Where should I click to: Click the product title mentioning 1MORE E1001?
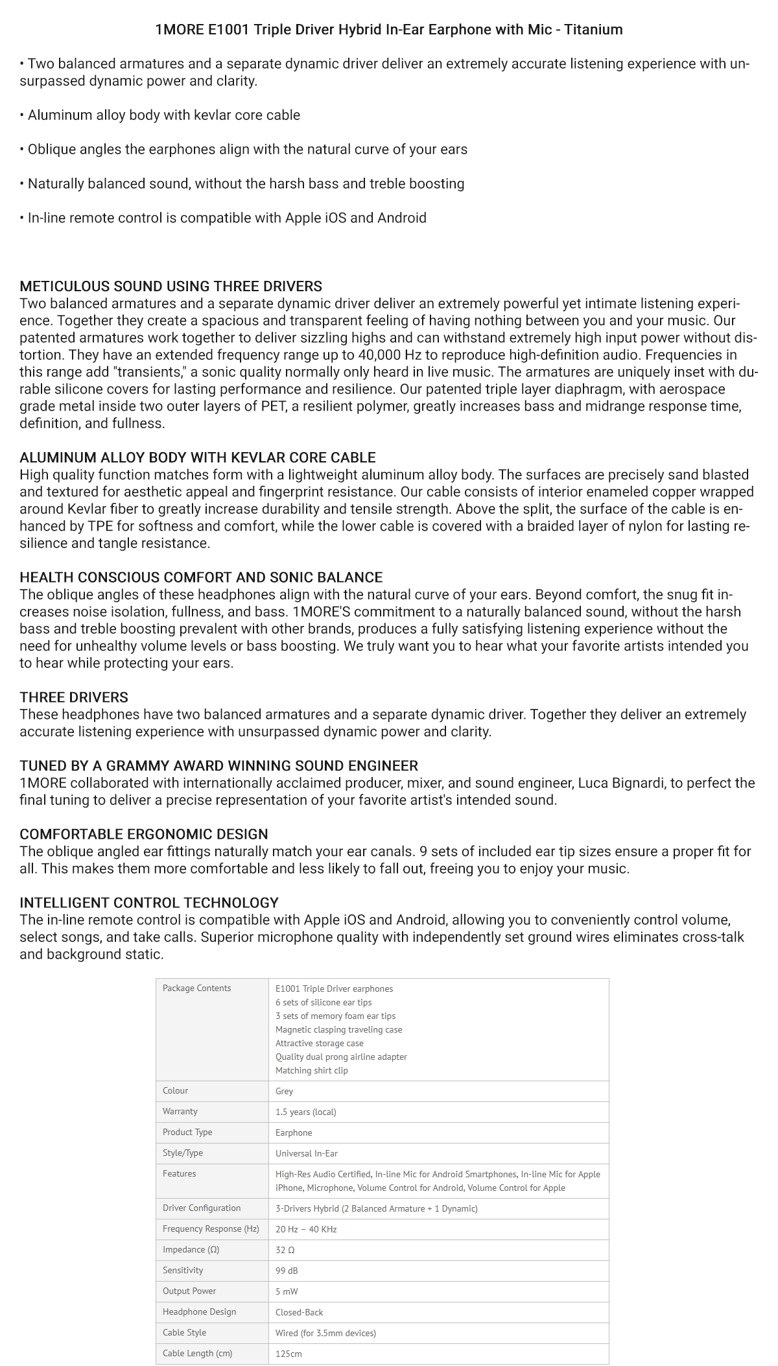coord(389,30)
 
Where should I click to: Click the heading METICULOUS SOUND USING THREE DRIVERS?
coord(171,287)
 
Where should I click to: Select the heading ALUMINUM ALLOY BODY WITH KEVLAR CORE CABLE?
coord(198,458)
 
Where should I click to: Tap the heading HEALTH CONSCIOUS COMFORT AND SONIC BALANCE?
coord(201,578)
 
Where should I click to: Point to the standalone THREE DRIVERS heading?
coord(74,698)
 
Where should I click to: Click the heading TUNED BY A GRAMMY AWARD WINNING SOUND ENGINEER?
coord(218,766)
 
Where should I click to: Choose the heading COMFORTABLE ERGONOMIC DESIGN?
coord(143,835)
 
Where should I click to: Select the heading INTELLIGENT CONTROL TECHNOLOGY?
coord(149,903)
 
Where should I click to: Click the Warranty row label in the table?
coord(180,1112)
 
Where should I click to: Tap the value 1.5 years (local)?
coord(306,1112)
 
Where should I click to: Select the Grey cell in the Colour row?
coord(284,1092)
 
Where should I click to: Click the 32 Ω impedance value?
coord(285,1250)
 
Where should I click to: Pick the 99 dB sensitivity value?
coord(287,1271)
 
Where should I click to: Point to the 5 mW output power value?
coord(287,1291)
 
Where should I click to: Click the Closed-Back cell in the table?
coord(299,1312)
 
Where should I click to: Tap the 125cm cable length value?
coord(289,1354)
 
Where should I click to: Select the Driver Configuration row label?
coord(202,1208)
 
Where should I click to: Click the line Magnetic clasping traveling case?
coord(338,1030)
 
